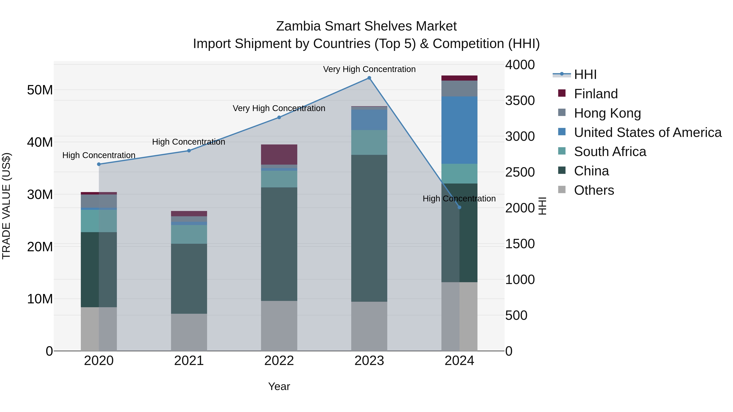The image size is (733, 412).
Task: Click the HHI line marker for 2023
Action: pos(369,78)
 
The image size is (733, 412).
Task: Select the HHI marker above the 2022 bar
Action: pos(279,117)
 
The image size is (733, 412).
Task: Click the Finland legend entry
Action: pos(596,94)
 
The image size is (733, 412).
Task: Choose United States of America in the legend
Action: pos(647,132)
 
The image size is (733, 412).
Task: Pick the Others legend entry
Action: pos(594,190)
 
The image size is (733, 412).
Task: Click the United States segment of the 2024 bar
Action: pos(459,130)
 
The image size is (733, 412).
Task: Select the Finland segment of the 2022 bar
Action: pos(279,154)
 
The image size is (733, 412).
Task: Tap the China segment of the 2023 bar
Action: pos(369,228)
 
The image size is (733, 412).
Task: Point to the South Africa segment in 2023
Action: pos(369,142)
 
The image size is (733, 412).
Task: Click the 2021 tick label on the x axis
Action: pos(189,361)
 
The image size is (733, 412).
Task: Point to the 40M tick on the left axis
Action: pos(40,142)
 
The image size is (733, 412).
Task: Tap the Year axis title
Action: pos(279,386)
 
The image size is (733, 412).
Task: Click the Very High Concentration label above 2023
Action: pos(369,69)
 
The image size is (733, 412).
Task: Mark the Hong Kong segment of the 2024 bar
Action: pos(459,89)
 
